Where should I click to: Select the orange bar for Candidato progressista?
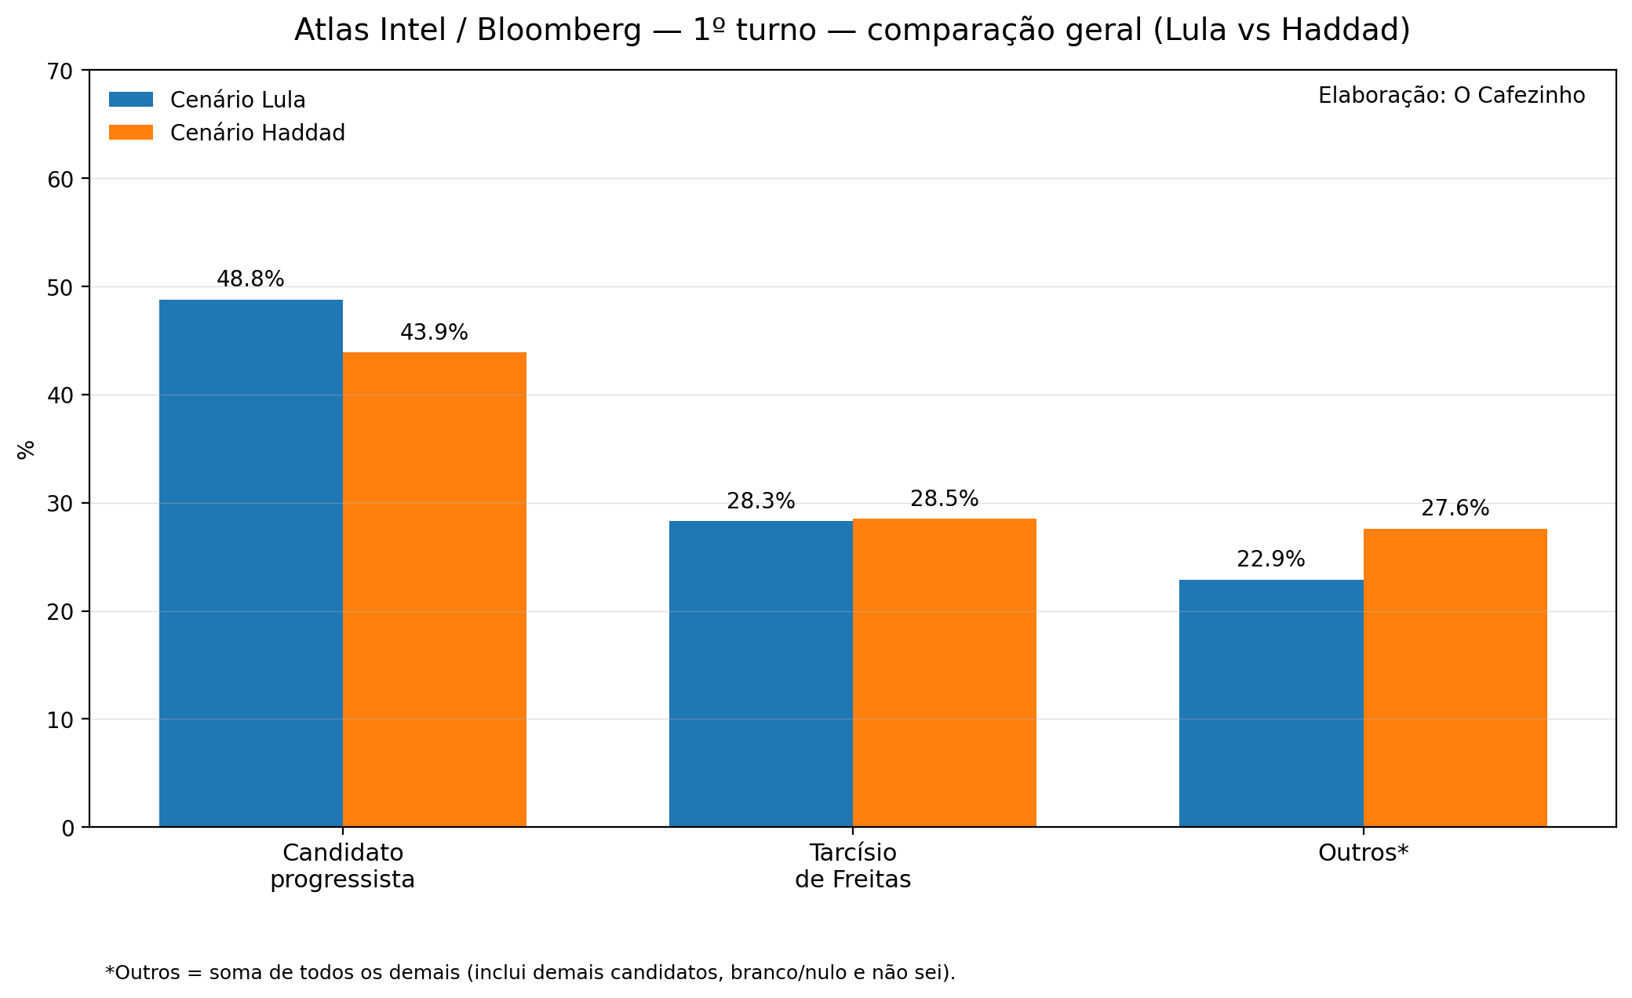[435, 589]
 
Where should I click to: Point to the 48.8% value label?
[250, 279]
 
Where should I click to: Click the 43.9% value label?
[434, 333]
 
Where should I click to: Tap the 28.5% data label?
[945, 499]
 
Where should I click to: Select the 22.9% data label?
[1271, 559]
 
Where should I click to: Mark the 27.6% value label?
[1455, 508]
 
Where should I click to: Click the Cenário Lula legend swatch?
[131, 100]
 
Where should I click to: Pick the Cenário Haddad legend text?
[257, 133]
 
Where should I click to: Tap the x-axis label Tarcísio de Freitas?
[853, 866]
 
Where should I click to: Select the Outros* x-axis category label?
[1364, 853]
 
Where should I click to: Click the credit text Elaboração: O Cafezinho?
[1452, 96]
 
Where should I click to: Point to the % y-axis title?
[26, 449]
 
